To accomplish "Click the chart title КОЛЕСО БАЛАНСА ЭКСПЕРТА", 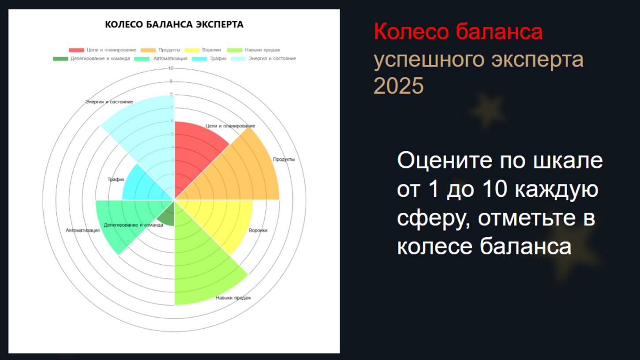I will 174,25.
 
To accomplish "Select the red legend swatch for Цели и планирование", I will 76,50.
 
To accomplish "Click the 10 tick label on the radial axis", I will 171,68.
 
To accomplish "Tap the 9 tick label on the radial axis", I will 171,82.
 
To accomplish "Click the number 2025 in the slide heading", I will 398,86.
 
